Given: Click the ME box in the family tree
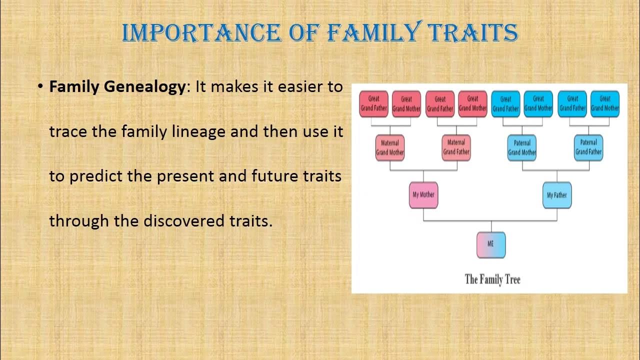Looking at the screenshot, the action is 491,245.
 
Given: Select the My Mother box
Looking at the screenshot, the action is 423,195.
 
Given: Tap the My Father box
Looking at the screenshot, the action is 557,195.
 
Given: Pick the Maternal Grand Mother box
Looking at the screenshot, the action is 389,147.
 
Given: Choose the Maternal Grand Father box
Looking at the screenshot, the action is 456,147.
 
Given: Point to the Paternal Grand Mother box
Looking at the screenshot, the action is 522,147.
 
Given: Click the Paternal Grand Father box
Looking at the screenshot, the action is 588,147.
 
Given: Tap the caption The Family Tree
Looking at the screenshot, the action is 492,279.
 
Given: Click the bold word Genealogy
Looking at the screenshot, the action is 145,87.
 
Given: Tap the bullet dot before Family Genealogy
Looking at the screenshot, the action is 40,86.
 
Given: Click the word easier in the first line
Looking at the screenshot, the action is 300,87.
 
